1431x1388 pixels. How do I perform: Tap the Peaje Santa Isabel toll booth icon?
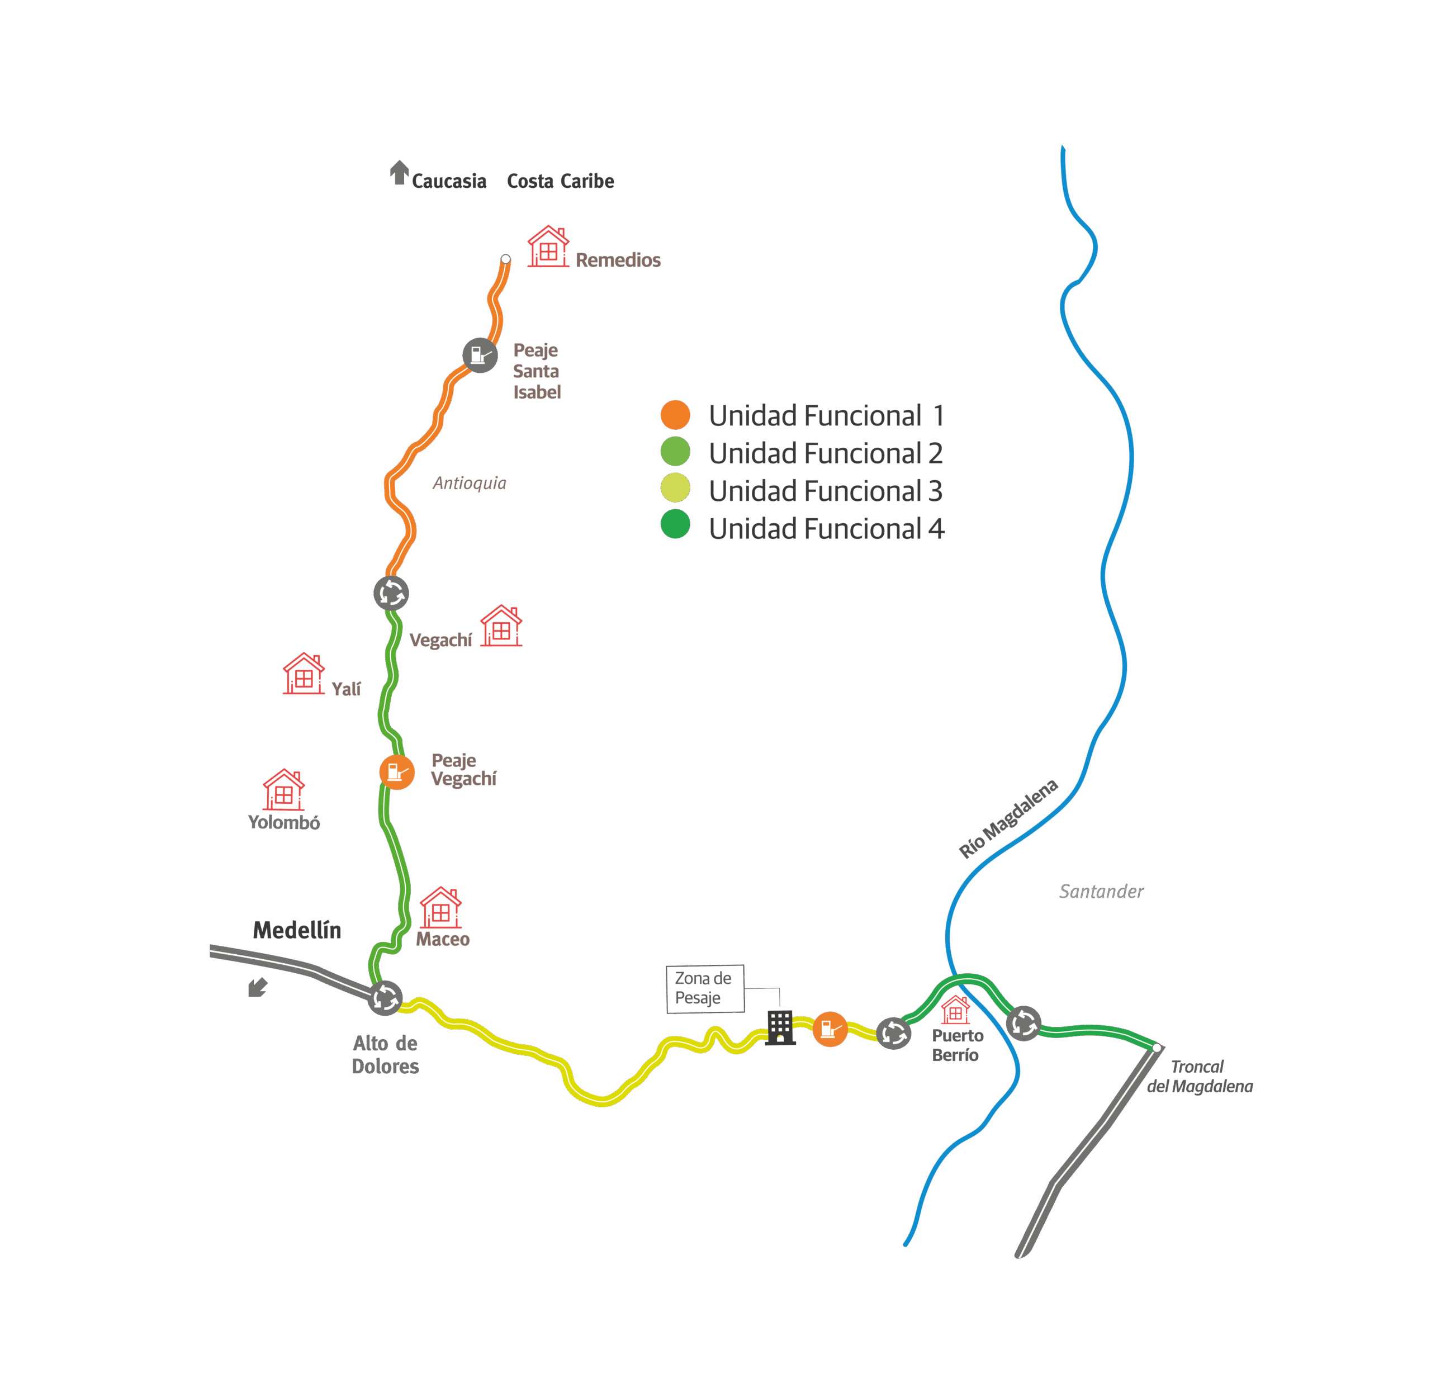pos(480,356)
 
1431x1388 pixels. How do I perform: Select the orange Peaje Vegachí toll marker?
pos(396,772)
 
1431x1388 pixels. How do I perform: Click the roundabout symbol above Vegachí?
pos(391,593)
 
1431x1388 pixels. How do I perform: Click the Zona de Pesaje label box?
pos(704,989)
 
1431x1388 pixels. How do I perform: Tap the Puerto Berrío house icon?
pos(955,1011)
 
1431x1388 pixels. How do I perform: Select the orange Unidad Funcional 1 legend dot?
pos(675,415)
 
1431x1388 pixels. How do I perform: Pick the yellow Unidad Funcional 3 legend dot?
pos(675,488)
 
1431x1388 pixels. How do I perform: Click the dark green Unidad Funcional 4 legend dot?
pos(675,524)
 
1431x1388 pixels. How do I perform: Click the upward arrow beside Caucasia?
pos(399,172)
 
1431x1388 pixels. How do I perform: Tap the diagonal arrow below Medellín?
pos(257,987)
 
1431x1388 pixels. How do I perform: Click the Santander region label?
pos(1101,892)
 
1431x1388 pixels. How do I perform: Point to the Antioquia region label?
pos(470,482)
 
